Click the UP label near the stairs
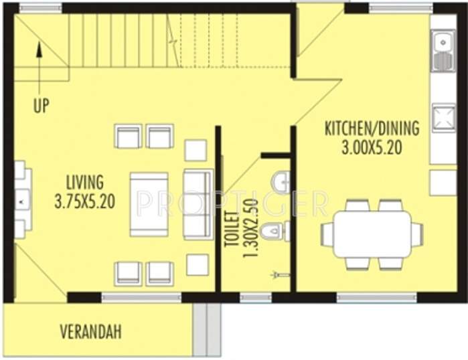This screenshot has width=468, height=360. (41, 106)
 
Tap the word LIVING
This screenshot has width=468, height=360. (84, 182)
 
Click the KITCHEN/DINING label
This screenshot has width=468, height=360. (372, 128)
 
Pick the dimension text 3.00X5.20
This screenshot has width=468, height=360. (372, 147)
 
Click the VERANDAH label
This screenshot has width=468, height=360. (90, 331)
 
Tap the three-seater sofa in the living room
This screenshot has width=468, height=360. (198, 204)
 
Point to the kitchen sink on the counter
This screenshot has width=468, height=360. (442, 52)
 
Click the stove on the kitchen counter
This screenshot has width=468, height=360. (442, 118)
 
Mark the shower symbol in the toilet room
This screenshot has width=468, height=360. (280, 274)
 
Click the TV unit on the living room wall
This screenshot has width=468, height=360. (21, 199)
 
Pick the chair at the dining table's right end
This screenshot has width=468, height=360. (416, 234)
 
